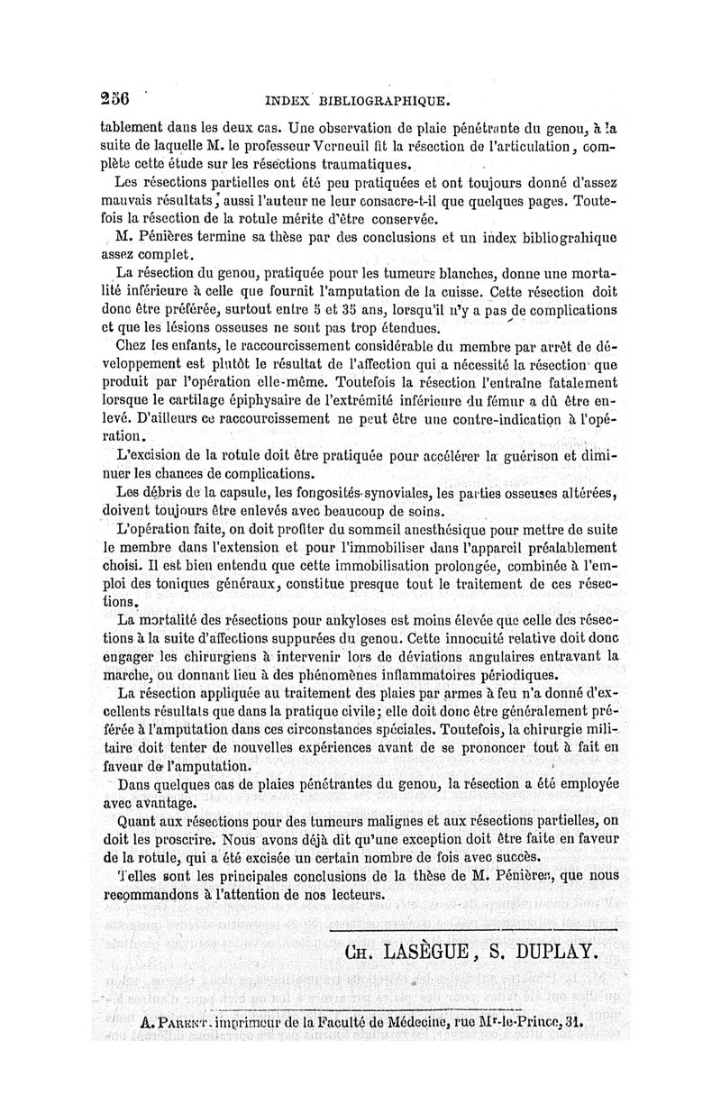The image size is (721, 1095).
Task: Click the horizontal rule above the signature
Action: tap(473, 926)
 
